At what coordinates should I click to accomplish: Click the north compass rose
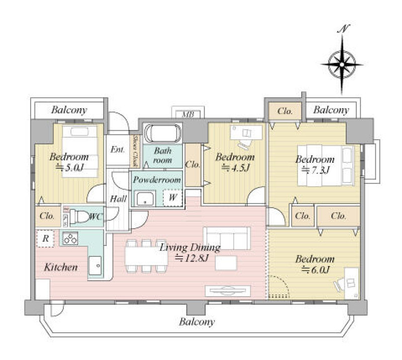342,64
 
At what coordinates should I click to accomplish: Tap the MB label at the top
188,114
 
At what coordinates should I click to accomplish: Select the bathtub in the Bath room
162,134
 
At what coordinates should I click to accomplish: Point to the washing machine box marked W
172,197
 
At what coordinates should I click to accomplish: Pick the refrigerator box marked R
45,239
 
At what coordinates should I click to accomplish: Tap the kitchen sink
95,265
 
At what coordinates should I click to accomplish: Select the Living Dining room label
190,247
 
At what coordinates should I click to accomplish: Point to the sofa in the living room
227,238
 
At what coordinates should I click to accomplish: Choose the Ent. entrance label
118,149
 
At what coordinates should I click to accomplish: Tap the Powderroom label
156,179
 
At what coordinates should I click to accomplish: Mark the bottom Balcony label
197,322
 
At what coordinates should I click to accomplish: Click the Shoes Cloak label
135,151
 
